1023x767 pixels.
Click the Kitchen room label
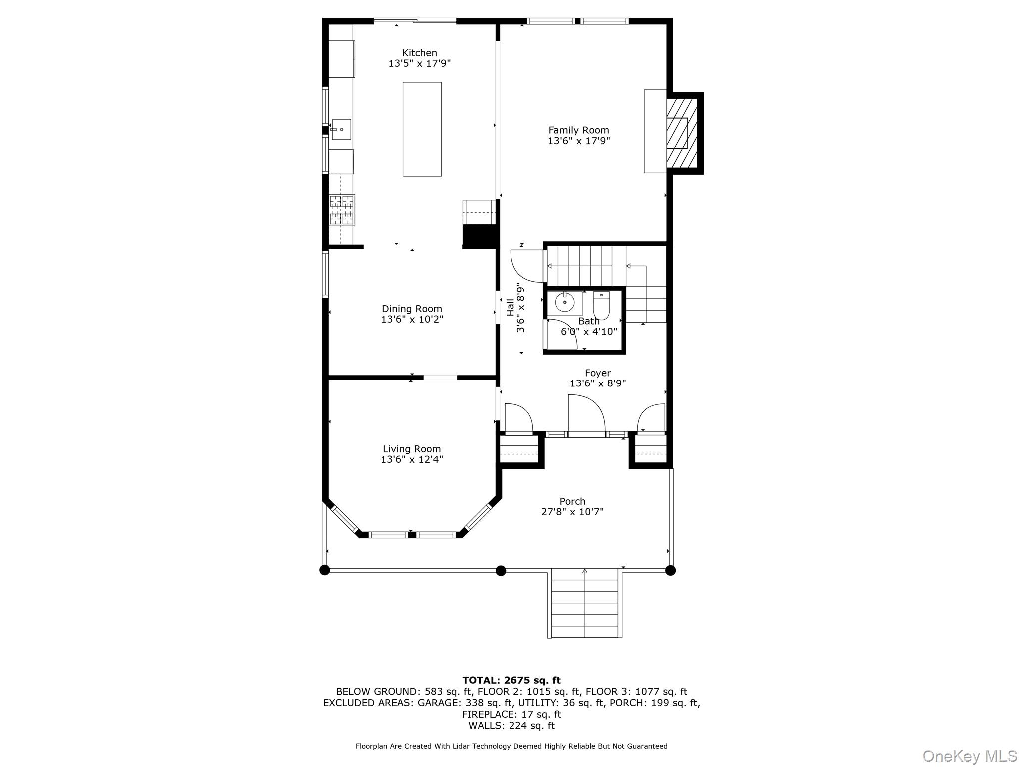[x=419, y=53]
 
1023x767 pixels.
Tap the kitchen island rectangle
[x=422, y=129]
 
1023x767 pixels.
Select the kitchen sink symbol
[x=341, y=129]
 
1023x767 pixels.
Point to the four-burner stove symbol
[x=342, y=209]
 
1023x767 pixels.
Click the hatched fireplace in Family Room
[x=682, y=133]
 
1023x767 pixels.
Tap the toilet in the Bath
[x=601, y=305]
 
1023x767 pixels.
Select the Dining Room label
[x=412, y=309]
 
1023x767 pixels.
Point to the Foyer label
[x=598, y=373]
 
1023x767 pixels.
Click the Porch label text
[x=572, y=501]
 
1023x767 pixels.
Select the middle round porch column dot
[x=501, y=570]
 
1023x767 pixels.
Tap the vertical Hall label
[x=511, y=307]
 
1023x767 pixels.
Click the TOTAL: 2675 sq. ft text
[x=511, y=680]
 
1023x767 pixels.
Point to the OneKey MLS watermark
[x=970, y=756]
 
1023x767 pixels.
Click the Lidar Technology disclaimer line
[x=511, y=746]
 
